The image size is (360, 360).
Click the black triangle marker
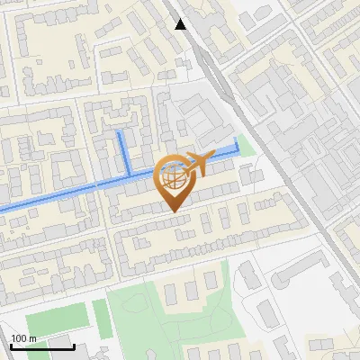click(x=180, y=24)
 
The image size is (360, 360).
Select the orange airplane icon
click(x=199, y=163)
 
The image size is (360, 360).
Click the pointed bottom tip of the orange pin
click(x=174, y=211)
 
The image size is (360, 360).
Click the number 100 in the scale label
click(x=18, y=338)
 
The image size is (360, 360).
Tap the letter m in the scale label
click(x=32, y=338)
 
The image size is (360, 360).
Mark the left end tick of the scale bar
click(x=12, y=345)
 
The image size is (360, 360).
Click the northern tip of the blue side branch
click(x=121, y=132)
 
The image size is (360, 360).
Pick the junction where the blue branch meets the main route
click(x=128, y=173)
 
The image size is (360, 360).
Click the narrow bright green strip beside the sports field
click(x=101, y=319)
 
